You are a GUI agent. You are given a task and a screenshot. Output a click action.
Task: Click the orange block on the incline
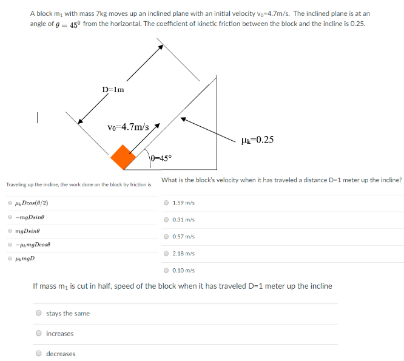124,157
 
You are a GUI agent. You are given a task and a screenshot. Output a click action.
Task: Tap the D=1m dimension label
113,90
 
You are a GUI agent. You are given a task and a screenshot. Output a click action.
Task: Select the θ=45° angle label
161,158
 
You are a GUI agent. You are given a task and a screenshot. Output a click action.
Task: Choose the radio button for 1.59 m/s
167,203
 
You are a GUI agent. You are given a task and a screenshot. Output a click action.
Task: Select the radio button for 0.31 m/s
167,220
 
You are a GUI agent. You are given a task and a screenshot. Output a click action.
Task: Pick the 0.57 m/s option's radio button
167,237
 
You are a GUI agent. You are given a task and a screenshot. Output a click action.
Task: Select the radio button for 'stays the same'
39,313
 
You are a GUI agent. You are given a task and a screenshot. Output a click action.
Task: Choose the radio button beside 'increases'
39,333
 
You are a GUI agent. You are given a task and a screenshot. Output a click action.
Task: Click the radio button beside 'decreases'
39,353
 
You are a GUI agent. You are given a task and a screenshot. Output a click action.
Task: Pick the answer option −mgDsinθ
31,217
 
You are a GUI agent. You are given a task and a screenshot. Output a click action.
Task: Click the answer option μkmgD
25,258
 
